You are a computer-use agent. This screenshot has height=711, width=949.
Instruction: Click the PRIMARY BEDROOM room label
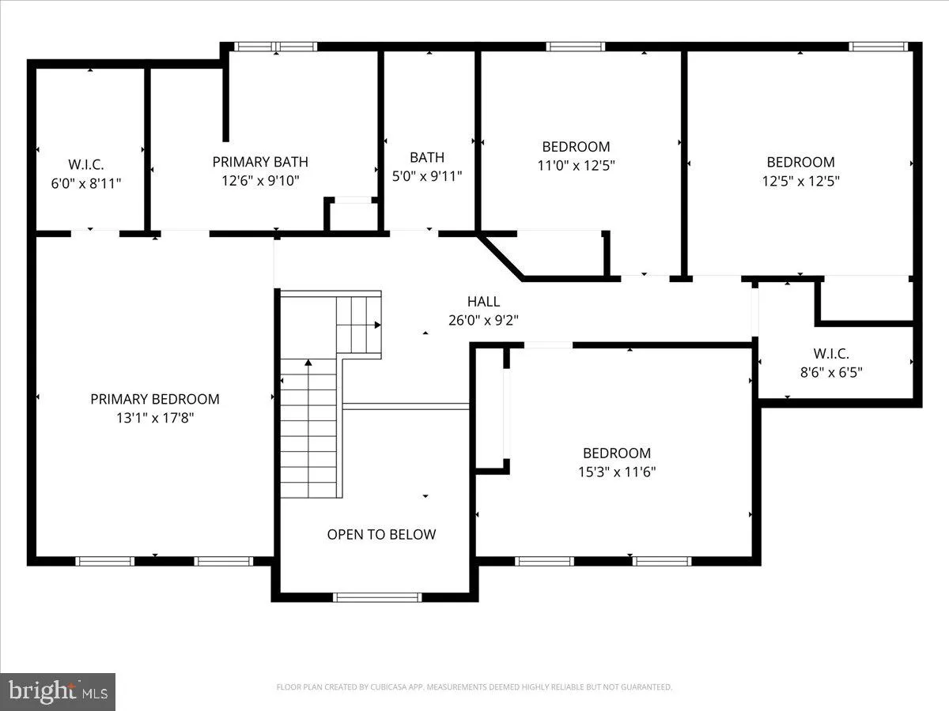pos(155,399)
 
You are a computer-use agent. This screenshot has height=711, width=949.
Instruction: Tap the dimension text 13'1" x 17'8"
pos(155,418)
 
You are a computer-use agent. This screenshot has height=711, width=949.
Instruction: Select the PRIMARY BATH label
pos(260,162)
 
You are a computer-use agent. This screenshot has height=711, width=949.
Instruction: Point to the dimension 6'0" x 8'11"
pos(86,183)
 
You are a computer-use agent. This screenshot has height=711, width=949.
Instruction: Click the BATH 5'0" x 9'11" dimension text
pos(427,176)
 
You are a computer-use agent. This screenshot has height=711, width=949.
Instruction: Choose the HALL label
pos(483,301)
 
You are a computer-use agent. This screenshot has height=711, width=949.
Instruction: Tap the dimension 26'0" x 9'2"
pos(483,320)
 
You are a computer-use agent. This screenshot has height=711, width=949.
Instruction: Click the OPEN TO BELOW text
pos(381,535)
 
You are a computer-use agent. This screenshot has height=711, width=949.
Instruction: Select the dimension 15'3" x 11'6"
pos(617,472)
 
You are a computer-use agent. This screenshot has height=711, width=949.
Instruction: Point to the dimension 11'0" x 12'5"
pos(576,165)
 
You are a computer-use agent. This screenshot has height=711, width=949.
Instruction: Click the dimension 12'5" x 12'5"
pos(800,181)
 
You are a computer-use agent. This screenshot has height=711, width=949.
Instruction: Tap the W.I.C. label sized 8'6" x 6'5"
pos(831,354)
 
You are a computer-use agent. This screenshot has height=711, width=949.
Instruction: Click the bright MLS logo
pos(58,691)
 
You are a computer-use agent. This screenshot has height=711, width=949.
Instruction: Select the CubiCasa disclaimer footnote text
pos(475,687)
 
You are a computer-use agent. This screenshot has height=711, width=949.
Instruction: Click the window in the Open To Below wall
pos(377,597)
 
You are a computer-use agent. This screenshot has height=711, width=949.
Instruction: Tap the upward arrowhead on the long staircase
pos(308,363)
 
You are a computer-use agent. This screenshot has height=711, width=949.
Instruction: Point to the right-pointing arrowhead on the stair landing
pos(377,325)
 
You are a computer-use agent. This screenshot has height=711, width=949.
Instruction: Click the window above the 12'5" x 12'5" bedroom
pos(878,47)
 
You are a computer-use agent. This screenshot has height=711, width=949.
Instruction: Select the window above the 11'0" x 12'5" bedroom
pos(576,47)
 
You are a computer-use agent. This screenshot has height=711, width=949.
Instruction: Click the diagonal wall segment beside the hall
pos(501,257)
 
